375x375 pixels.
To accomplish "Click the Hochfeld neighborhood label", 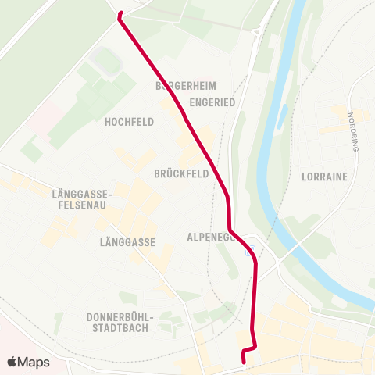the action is point(129,122).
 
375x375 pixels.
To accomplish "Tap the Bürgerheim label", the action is point(185,85).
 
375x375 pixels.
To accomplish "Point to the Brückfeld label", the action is point(181,174).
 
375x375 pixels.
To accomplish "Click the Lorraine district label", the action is point(323,177).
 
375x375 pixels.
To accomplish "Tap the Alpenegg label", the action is point(211,236).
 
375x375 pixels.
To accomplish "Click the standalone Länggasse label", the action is point(128,243).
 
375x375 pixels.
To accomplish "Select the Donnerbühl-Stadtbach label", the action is point(122,321).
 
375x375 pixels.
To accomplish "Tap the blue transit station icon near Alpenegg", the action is point(251,252).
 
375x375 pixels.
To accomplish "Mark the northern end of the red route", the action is point(120,13).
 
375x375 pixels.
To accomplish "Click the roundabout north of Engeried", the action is point(258,32).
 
